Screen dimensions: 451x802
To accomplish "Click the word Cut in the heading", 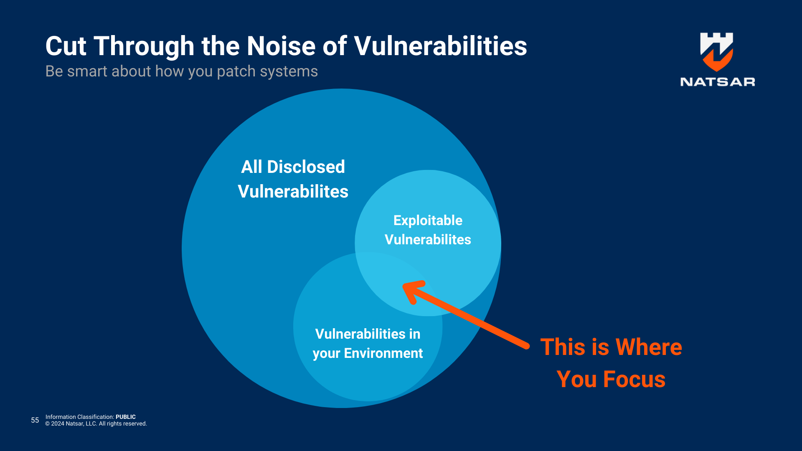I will coord(66,46).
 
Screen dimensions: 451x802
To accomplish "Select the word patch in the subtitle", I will coord(236,71).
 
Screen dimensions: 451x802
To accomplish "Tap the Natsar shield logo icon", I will coord(717,51).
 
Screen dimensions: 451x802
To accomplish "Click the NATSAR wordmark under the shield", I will coord(717,82).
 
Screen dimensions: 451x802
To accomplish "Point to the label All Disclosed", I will coord(293,167).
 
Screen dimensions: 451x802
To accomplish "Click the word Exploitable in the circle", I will coord(428,220).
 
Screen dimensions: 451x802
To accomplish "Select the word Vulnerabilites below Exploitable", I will coord(428,240).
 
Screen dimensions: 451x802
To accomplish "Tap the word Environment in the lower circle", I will coord(383,353).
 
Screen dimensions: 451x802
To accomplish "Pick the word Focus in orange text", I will coord(634,379).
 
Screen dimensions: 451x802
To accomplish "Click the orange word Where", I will coord(649,347).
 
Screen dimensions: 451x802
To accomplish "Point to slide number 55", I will coord(35,420).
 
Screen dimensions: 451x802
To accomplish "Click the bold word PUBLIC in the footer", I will coord(125,417).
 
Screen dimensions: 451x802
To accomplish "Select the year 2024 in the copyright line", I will coord(58,423).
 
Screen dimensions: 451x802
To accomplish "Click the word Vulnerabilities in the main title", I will coord(440,46).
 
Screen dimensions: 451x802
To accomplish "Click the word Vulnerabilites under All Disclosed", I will coord(293,192).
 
